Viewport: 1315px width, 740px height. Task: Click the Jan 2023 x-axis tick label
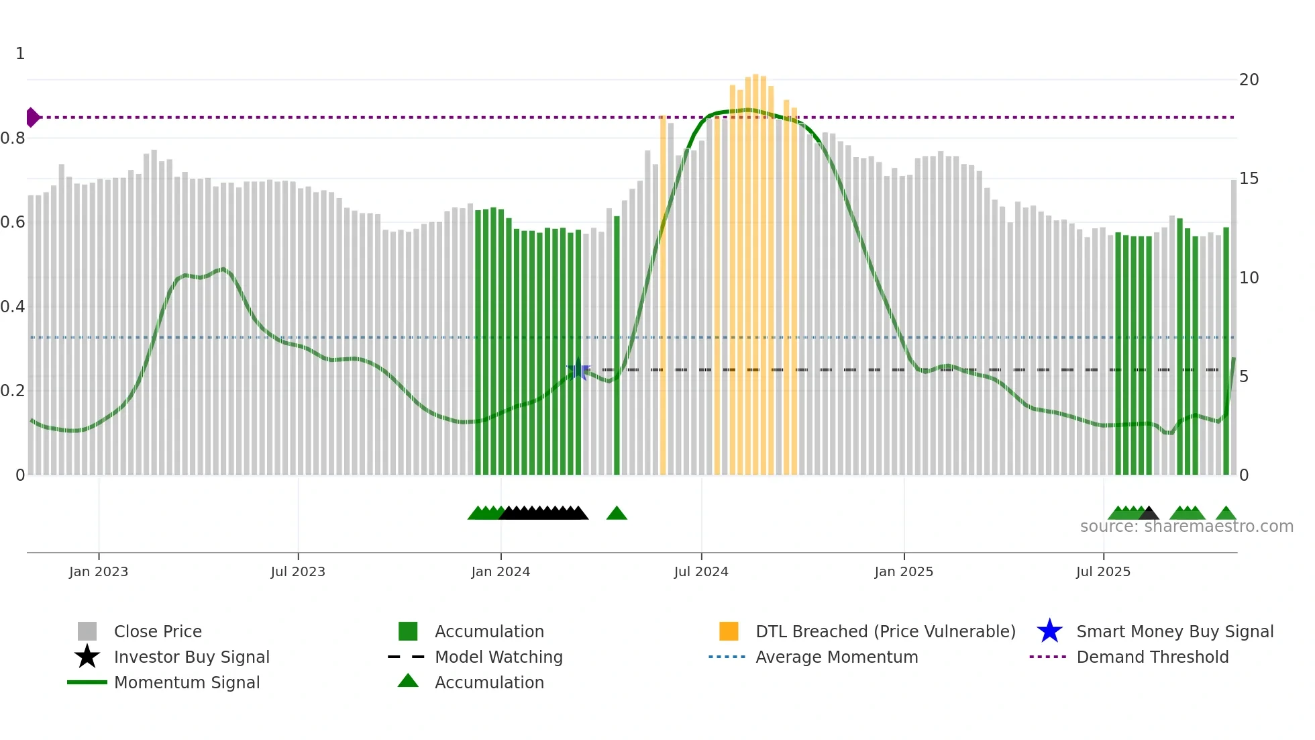tap(99, 571)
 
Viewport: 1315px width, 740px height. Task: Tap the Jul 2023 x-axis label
tap(298, 571)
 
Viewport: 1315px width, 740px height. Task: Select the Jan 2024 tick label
tap(501, 571)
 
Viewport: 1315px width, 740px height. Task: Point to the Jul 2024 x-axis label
tap(701, 571)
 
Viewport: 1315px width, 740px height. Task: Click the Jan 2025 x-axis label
tap(904, 571)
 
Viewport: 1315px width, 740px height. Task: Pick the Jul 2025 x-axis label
tap(1103, 571)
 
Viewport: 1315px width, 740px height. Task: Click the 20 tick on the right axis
tap(1249, 80)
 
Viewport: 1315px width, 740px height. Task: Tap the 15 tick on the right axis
tap(1249, 179)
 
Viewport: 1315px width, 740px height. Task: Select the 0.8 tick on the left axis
tap(13, 138)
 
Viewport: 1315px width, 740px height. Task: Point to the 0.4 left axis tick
tap(13, 307)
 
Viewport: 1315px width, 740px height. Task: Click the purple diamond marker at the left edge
tap(32, 118)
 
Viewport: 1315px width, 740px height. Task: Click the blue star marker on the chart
tap(578, 370)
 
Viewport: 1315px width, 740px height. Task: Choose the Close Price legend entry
tap(158, 631)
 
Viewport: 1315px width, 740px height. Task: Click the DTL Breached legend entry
tap(885, 631)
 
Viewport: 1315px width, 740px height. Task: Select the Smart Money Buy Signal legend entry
tap(1174, 631)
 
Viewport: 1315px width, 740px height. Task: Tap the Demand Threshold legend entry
tap(1152, 657)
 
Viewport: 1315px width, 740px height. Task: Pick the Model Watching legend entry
tap(498, 657)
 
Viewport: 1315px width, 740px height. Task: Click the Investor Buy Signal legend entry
tap(191, 657)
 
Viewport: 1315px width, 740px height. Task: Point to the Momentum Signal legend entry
tap(187, 682)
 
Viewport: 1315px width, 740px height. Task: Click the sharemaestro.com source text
tap(1186, 526)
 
